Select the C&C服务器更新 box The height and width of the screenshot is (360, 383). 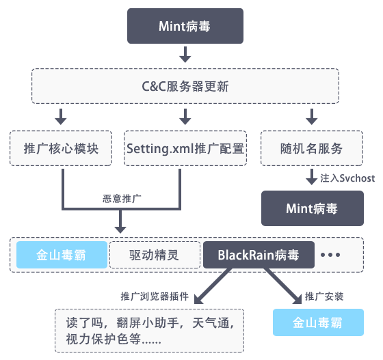tap(185, 87)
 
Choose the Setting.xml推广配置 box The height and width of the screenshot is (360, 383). tap(185, 148)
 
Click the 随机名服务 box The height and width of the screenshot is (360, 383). tap(311, 148)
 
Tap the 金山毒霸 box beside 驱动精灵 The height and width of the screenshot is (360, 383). tap(62, 255)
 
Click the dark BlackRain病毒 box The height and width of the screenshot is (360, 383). tap(259, 255)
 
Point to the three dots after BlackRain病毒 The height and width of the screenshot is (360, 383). tap(330, 255)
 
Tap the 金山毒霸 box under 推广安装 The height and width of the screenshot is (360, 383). tap(317, 322)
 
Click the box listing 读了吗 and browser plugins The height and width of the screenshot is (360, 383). tap(149, 329)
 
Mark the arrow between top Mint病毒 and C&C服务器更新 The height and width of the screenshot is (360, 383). tap(184, 55)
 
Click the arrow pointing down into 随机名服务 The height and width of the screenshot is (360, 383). tap(311, 115)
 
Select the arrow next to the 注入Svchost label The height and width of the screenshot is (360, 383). tap(311, 178)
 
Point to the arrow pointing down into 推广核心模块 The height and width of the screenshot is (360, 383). tap(62, 115)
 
